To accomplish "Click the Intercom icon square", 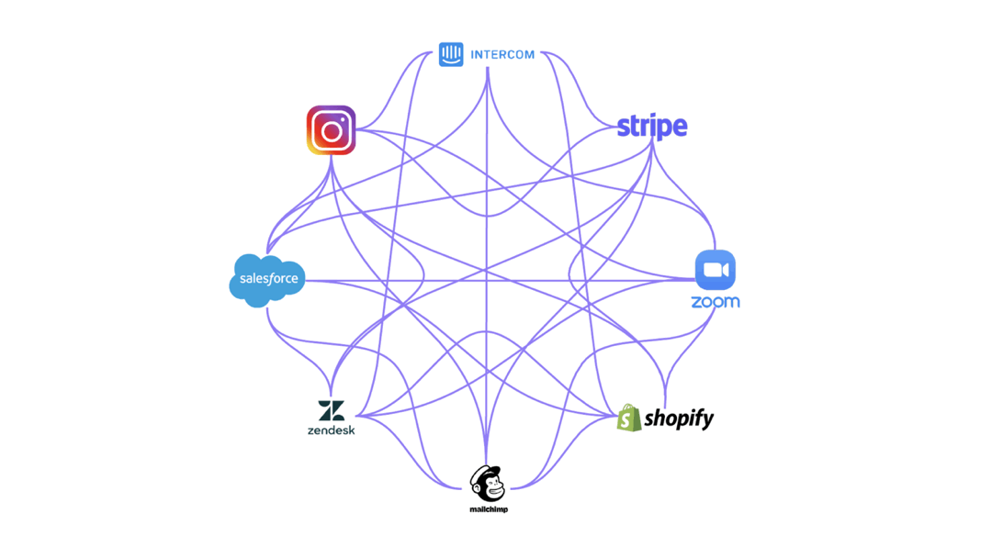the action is (x=451, y=54).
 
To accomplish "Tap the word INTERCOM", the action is (x=502, y=55).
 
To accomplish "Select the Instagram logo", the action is (x=331, y=130).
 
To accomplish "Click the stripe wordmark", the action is (x=651, y=127).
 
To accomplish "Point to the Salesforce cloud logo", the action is (x=267, y=280).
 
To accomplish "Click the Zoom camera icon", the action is (x=715, y=270).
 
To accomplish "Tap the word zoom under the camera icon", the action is (x=715, y=302).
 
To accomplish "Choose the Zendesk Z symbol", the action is (x=331, y=411).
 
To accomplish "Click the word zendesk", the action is (x=331, y=430).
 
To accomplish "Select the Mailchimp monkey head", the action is (x=487, y=485).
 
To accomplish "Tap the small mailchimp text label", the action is (x=489, y=509).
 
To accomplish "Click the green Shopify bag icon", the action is (x=629, y=418).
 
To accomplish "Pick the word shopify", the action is (x=679, y=419).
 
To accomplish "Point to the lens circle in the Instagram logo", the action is (x=331, y=131).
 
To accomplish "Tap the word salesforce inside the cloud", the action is (x=269, y=279).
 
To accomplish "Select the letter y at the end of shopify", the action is (x=707, y=421).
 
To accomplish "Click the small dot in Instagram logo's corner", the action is (x=344, y=117).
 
